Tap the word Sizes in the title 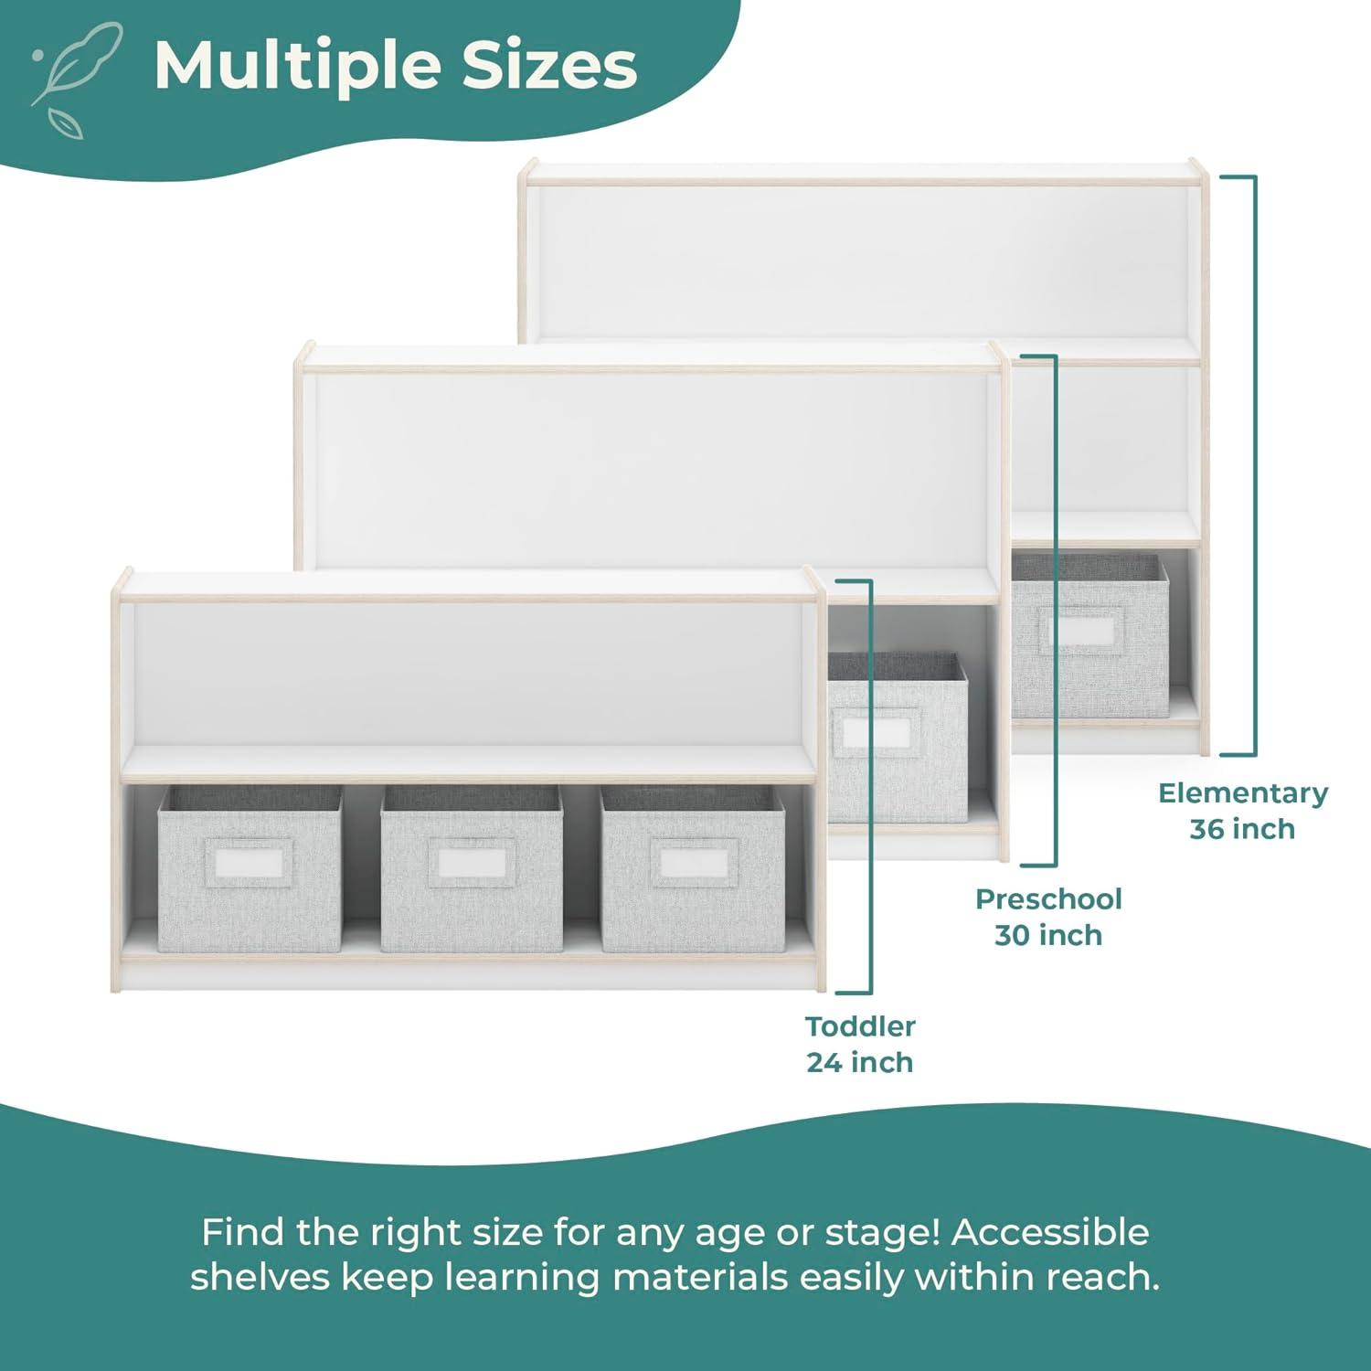coord(548,66)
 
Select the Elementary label coord(1242,792)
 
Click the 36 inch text coord(1242,829)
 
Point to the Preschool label coord(1048,898)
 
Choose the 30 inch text coord(1048,935)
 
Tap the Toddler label coord(860,1026)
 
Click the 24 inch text coord(860,1062)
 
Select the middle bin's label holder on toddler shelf coord(470,863)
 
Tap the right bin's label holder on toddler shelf coord(691,863)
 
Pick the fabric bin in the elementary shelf coord(1089,635)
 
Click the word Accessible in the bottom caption coord(1050,1232)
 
